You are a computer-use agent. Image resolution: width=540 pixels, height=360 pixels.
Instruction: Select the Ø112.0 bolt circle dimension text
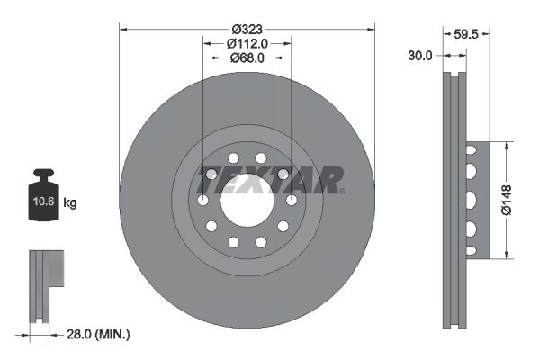point(247,42)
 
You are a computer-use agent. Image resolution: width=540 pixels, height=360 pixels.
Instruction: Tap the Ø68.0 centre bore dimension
point(247,58)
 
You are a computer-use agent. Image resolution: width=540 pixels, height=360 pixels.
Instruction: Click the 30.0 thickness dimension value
point(419,55)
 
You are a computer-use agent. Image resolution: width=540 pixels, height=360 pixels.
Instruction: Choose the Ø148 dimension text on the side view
point(506,199)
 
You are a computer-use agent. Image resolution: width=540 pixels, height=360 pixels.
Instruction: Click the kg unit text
point(70,203)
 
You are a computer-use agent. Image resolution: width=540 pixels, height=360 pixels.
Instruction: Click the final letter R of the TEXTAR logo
point(331,180)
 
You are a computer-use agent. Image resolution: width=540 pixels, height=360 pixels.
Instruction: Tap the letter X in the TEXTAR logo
point(247,180)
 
